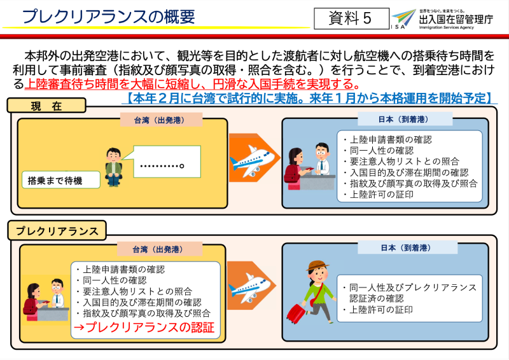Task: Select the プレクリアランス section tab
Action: (57, 230)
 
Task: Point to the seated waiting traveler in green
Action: (113, 167)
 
